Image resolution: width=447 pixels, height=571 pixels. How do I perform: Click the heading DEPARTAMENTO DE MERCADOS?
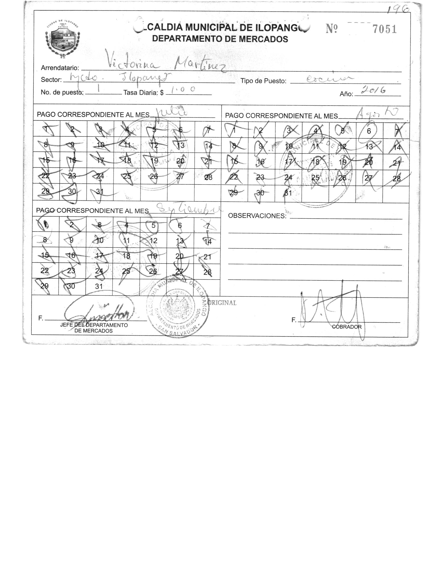pyautogui.click(x=220, y=39)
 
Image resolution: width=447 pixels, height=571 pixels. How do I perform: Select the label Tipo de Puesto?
pyautogui.click(x=263, y=81)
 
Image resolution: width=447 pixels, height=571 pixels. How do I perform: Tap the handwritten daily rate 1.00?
pyautogui.click(x=183, y=90)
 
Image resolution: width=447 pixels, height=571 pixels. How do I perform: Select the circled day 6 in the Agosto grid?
pyautogui.click(x=369, y=131)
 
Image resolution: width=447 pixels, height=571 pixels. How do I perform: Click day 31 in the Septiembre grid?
pyautogui.click(x=99, y=286)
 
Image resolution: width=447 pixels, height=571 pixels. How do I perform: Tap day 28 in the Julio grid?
pyautogui.click(x=208, y=177)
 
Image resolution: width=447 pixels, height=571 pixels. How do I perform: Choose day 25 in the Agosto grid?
pyautogui.click(x=315, y=177)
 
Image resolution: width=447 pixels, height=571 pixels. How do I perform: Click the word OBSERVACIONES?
pyautogui.click(x=257, y=216)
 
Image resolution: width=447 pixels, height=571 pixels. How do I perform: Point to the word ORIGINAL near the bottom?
pyautogui.click(x=222, y=303)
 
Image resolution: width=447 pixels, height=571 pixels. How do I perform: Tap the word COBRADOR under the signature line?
pyautogui.click(x=347, y=327)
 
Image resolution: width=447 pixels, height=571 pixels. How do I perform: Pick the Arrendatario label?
pyautogui.click(x=60, y=68)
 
